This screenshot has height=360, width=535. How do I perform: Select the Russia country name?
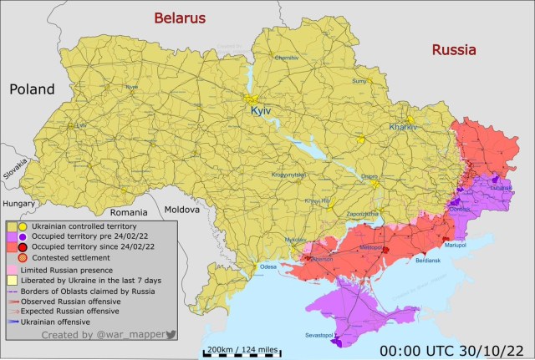point(453,50)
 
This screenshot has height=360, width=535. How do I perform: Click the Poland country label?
point(32,89)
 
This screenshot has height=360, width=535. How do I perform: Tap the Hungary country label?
point(19,203)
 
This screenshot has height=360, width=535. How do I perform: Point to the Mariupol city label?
point(455,244)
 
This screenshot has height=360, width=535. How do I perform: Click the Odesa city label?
point(267,266)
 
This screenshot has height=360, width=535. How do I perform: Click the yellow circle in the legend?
point(23,226)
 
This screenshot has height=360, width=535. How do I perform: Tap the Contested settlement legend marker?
point(23,259)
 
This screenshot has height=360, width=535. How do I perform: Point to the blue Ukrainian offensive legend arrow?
point(14,321)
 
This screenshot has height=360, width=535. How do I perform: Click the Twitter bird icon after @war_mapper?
point(171,334)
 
